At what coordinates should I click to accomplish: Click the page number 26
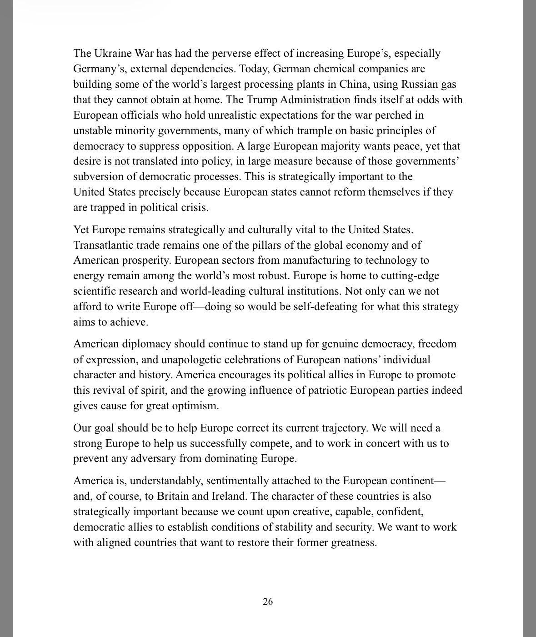(x=268, y=602)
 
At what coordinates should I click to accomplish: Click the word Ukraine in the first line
(x=115, y=54)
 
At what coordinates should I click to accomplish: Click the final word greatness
(x=353, y=543)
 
